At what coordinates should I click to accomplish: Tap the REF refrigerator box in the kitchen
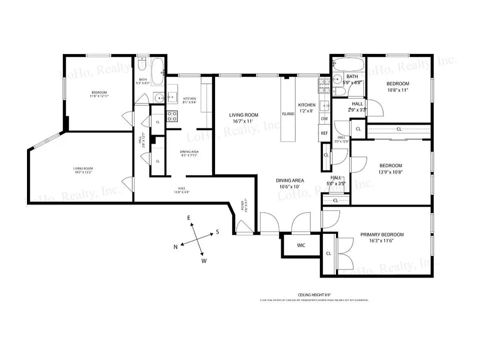click(324, 133)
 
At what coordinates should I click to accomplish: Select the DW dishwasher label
click(324, 119)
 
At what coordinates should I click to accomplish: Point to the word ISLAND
click(288, 114)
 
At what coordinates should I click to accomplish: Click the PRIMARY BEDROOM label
click(382, 234)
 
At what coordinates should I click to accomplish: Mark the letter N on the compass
click(176, 247)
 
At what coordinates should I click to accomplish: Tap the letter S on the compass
click(217, 232)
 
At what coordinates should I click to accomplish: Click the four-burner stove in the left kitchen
click(172, 116)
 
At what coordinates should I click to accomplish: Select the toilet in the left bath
click(142, 63)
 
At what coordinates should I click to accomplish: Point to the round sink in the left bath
click(159, 97)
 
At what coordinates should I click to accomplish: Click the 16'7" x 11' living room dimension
click(243, 121)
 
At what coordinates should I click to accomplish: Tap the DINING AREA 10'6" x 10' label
click(290, 183)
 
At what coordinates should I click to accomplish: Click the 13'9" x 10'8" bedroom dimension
click(390, 172)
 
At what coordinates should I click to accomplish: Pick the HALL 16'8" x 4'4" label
click(182, 190)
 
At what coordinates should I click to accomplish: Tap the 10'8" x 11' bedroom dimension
click(398, 90)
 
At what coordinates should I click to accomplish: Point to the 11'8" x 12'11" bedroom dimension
click(99, 96)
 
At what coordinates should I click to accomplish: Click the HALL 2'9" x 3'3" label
click(357, 107)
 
